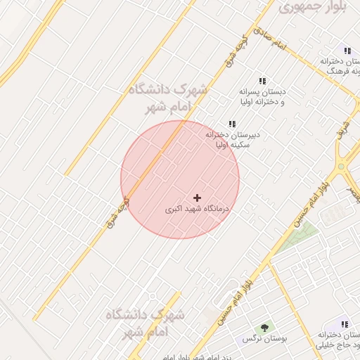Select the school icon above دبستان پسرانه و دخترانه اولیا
coord(262,82)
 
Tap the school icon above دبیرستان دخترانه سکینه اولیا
coord(232,124)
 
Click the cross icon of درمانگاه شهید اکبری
coord(196,198)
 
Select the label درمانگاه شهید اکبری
coord(198,209)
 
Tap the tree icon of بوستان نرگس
coord(264,327)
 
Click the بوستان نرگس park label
coord(257,339)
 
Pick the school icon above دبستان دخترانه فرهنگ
coord(347,50)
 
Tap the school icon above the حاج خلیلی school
coord(345,324)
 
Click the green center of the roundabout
coord(341,168)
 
